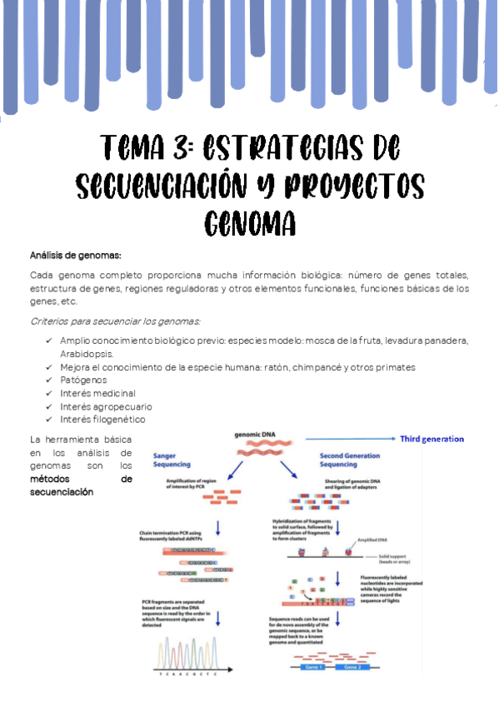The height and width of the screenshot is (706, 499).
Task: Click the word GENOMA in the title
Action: (250, 222)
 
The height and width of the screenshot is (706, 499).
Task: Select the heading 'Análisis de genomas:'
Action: (76, 255)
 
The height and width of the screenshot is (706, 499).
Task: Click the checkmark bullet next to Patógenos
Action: (49, 380)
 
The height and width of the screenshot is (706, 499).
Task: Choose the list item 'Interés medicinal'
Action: (97, 393)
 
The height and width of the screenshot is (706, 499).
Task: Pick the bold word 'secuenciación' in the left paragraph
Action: (62, 492)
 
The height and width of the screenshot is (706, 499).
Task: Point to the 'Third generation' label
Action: (432, 439)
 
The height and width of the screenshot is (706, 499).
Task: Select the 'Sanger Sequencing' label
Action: (172, 460)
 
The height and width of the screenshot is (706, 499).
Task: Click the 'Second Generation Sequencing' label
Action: (350, 460)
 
